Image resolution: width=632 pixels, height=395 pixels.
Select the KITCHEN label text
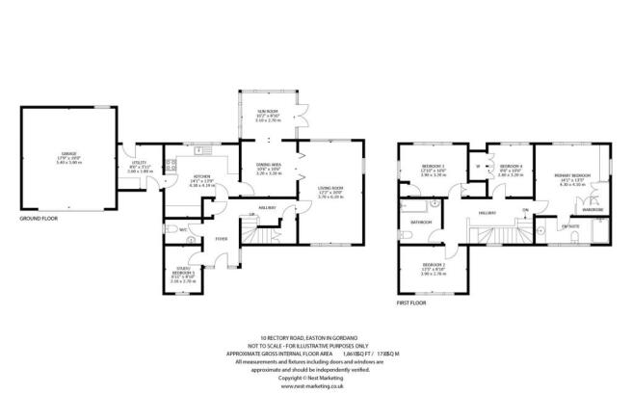pyautogui.click(x=202, y=176)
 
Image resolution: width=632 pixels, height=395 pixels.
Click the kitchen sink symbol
pyautogui.click(x=202, y=151)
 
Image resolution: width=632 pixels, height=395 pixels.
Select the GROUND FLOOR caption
pyautogui.click(x=39, y=220)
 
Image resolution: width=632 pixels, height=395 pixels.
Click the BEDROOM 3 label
pyautogui.click(x=431, y=166)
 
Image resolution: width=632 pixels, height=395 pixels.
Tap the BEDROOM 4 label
pyautogui.click(x=509, y=166)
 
